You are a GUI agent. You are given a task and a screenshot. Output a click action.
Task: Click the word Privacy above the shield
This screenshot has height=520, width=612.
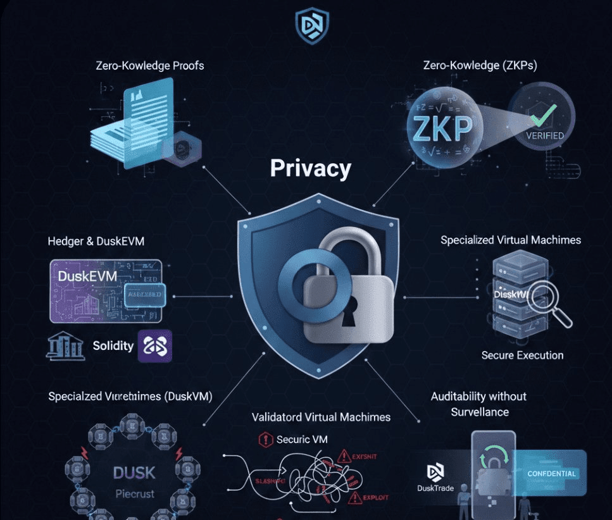(310, 169)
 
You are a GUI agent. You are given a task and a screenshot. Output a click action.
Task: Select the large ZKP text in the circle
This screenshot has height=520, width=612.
(442, 128)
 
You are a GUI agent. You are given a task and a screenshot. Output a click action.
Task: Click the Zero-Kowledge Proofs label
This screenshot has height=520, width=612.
(149, 65)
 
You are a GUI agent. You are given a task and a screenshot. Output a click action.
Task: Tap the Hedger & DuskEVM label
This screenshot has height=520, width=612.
(96, 241)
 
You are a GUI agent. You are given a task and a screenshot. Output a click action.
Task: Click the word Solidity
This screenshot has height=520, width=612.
(113, 345)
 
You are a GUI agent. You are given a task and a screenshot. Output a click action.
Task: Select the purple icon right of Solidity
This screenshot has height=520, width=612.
(154, 345)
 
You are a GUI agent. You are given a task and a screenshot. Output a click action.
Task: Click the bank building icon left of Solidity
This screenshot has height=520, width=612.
(66, 346)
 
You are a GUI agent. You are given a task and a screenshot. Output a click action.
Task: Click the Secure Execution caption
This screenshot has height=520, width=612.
(522, 356)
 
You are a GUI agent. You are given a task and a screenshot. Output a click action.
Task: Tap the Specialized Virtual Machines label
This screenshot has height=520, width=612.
(511, 240)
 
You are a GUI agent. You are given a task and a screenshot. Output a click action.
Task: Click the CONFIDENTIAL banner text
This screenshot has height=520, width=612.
(551, 473)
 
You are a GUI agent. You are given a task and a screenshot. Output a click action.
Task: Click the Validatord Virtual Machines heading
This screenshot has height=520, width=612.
(321, 417)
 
